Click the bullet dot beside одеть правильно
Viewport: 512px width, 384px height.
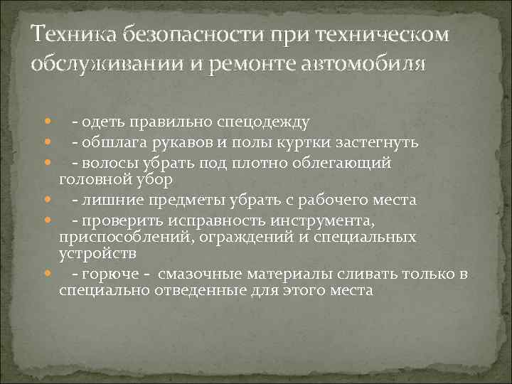[46, 123]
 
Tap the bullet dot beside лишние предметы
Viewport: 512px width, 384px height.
[46, 200]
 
